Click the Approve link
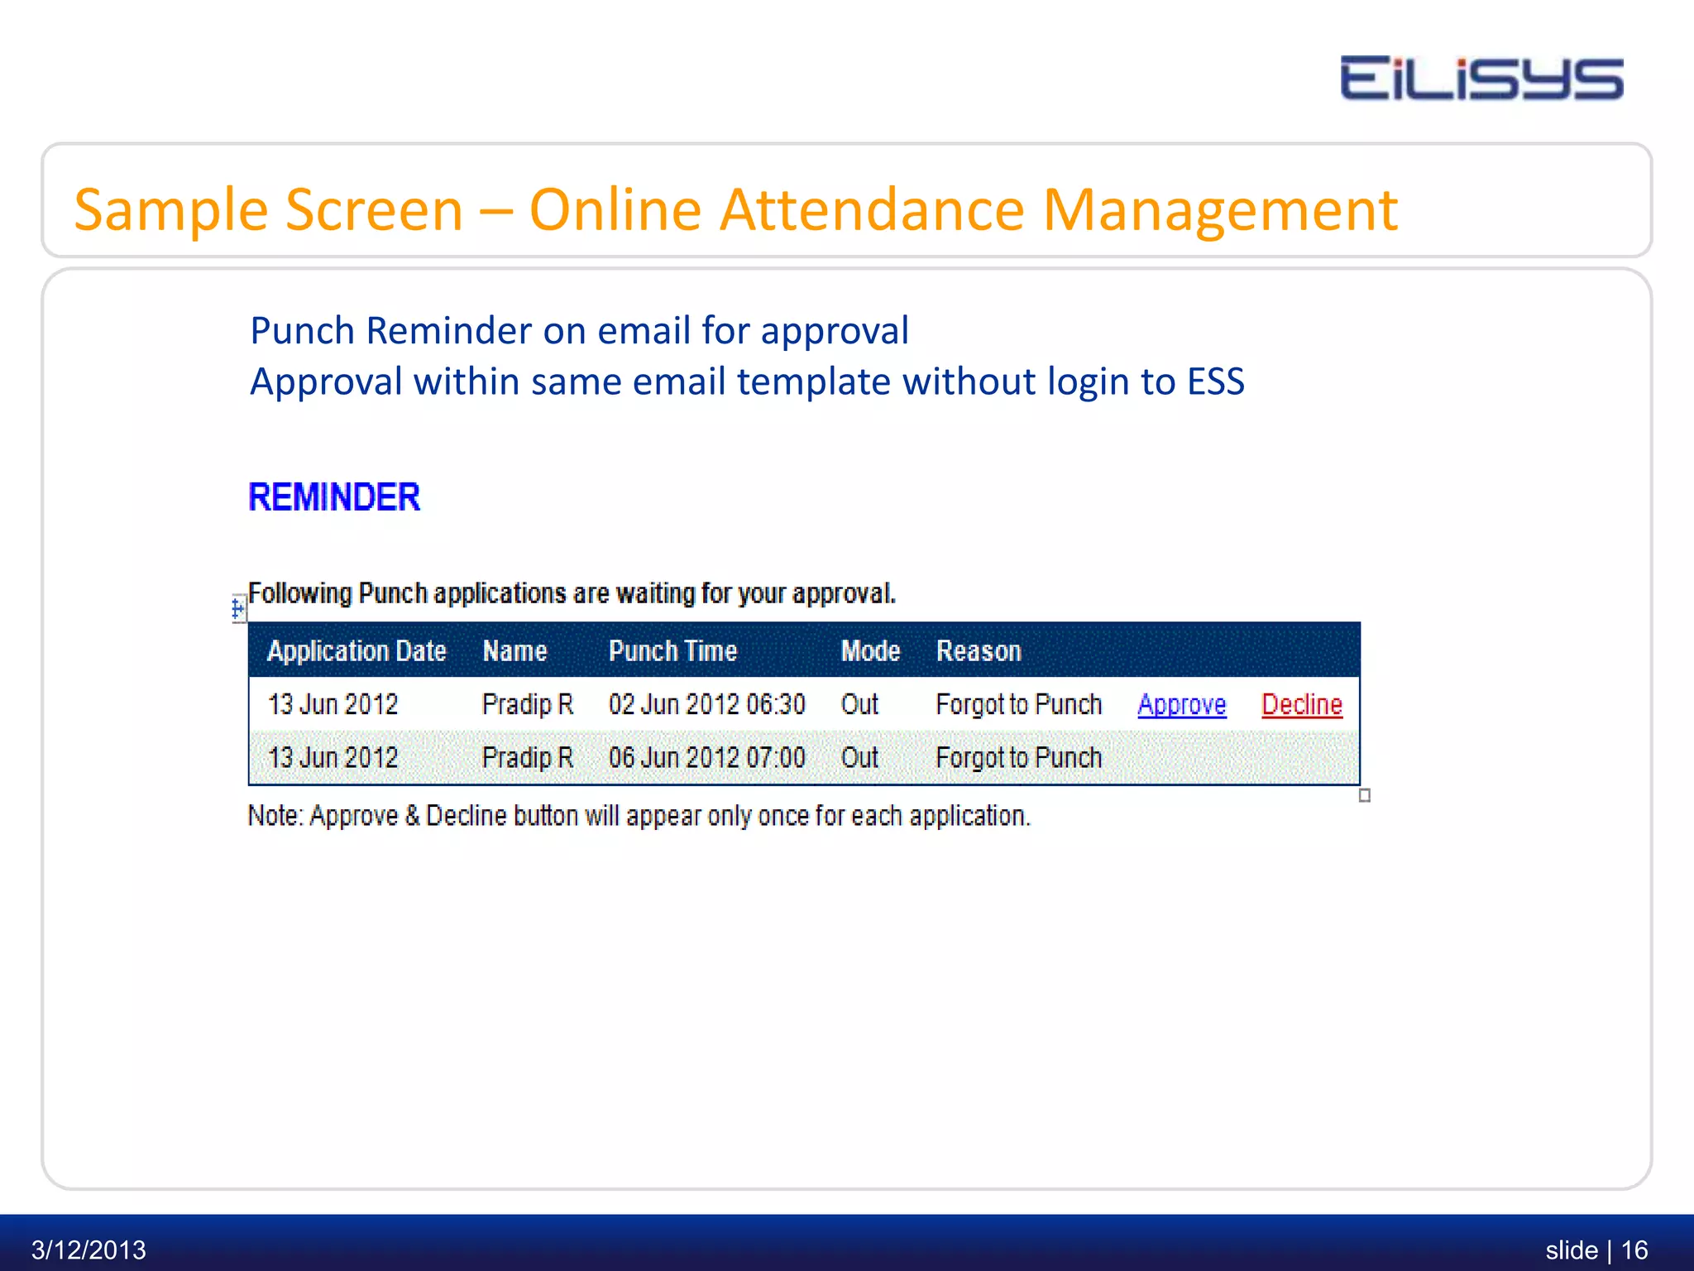tap(1181, 705)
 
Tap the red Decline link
tap(1301, 705)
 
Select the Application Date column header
tap(357, 651)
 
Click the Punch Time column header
tap(672, 651)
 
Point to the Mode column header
tap(870, 651)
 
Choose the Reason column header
tap(979, 651)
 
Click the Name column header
tap(514, 651)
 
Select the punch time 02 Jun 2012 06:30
tap(706, 705)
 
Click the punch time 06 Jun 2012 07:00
tap(706, 758)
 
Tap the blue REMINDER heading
tap(334, 497)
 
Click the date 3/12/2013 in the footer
tap(89, 1249)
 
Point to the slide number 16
tap(1634, 1249)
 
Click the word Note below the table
tap(275, 816)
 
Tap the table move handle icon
tap(238, 610)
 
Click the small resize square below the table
tap(1365, 795)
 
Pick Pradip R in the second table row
tap(527, 758)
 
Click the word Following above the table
tap(300, 593)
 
